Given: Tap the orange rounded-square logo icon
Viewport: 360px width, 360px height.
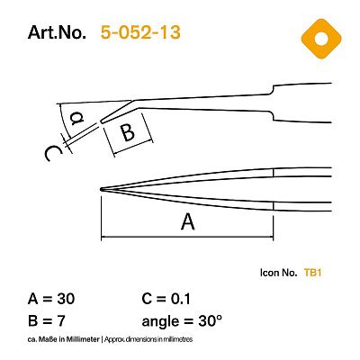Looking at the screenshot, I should [x=316, y=37].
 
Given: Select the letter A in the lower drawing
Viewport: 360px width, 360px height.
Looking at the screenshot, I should [x=187, y=222].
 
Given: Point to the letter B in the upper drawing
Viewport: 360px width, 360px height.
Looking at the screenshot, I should [x=128, y=132].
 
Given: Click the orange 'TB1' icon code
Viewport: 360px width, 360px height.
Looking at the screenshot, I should [x=313, y=271].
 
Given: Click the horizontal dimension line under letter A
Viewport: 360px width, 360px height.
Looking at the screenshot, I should [x=187, y=238].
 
